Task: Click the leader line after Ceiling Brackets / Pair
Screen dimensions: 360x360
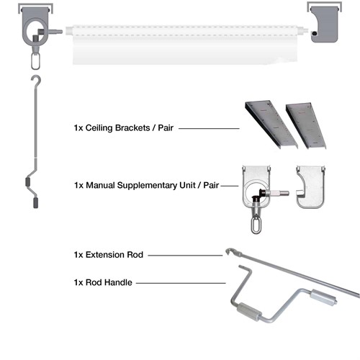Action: pos(208,129)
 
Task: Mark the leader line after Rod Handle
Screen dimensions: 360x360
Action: pos(180,283)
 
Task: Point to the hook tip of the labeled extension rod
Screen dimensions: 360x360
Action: pos(229,252)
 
